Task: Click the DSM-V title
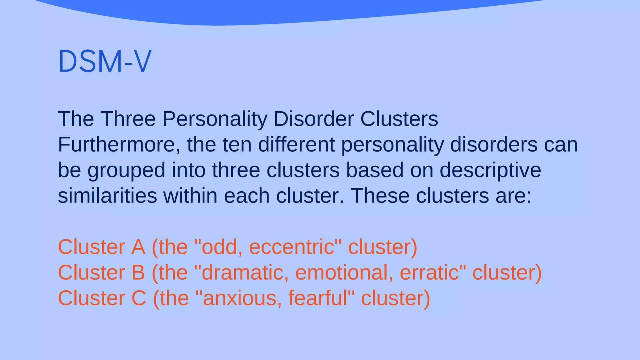coord(105,62)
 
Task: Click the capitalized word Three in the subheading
coord(128,119)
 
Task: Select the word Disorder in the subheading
coord(313,119)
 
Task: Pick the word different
coord(296,145)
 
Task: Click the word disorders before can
coord(494,145)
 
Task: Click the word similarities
coord(107,196)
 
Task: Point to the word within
coord(190,196)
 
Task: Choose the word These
coord(380,196)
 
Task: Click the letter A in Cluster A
coord(138,247)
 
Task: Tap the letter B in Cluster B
coord(138,273)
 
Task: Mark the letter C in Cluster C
coord(139,298)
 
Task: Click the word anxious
coord(239,298)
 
